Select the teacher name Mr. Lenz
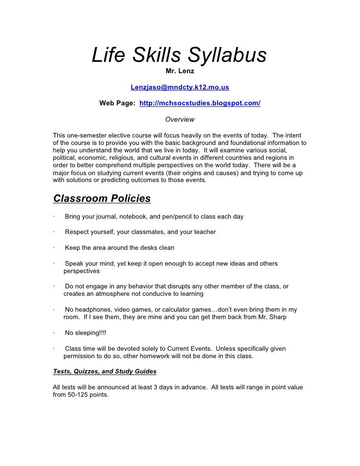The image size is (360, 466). (x=180, y=72)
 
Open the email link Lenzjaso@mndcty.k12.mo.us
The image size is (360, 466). (x=180, y=88)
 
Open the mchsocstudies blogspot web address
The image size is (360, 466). (x=200, y=103)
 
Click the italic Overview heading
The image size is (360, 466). (x=180, y=119)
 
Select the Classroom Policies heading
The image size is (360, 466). (x=101, y=199)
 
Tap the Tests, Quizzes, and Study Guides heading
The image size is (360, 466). (x=104, y=372)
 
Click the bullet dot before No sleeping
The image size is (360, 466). (x=54, y=333)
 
